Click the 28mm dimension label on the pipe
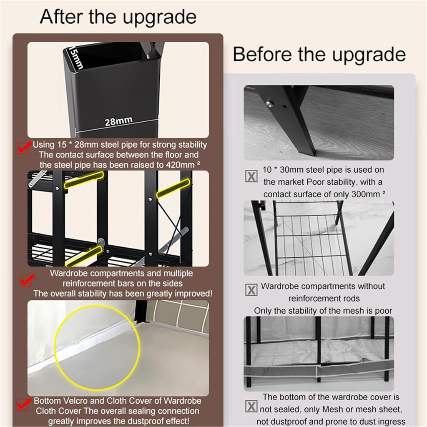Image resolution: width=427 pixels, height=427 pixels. [119, 121]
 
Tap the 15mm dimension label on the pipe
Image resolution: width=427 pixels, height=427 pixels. [76, 57]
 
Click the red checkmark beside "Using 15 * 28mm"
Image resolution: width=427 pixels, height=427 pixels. [24, 148]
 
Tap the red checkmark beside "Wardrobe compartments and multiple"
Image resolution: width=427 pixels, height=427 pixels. [26, 281]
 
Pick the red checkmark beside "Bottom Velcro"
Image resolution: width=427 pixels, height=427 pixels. [23, 404]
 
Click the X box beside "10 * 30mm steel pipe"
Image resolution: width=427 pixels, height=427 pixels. [251, 176]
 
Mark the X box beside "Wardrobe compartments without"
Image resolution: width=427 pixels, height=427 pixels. [251, 290]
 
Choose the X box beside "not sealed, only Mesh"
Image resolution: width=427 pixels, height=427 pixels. [251, 406]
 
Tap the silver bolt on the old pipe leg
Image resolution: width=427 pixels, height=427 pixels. [269, 103]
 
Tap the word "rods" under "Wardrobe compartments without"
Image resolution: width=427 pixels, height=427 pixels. [352, 299]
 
